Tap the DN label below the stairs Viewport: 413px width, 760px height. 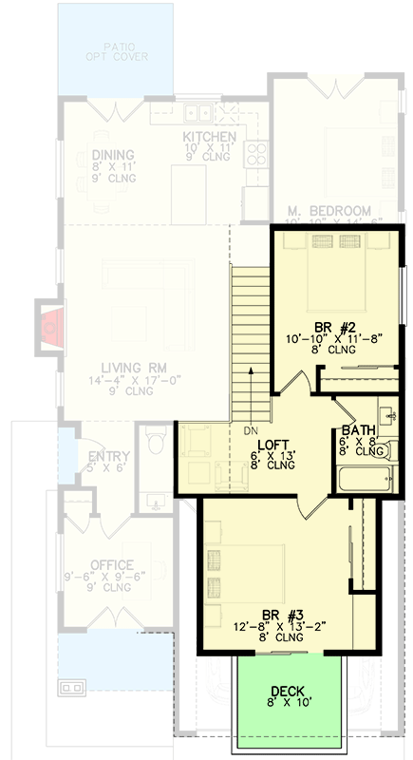pos(251,430)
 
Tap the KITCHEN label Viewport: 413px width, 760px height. pos(210,138)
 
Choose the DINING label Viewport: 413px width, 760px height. pos(113,156)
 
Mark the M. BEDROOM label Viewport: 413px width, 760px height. pos(329,210)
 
